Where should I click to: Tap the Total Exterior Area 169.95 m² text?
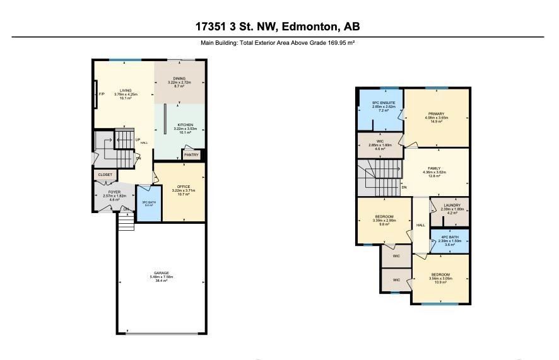tap(279, 43)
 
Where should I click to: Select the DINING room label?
tap(180, 79)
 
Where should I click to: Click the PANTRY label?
tap(191, 154)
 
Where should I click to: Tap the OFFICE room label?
tap(183, 186)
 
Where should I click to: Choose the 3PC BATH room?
tap(148, 203)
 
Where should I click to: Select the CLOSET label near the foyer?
tap(105, 175)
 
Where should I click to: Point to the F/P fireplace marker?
tap(101, 95)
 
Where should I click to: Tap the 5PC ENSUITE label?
tap(380, 103)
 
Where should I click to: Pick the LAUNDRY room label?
tap(451, 205)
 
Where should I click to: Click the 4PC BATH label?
tap(450, 237)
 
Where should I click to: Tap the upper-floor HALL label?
tap(420, 225)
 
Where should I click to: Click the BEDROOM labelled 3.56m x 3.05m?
tap(440, 275)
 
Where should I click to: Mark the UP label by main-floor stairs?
tap(137, 140)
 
